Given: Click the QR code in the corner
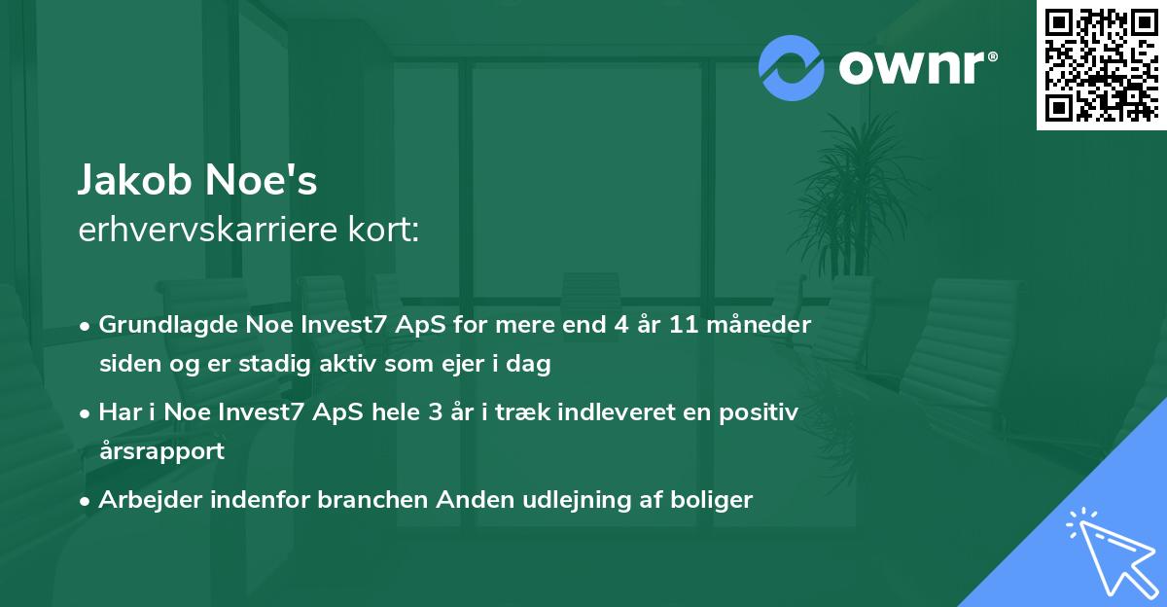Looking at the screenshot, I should click(1102, 64).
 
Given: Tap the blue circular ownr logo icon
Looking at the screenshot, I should click(792, 68).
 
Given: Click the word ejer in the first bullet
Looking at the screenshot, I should click(452, 365).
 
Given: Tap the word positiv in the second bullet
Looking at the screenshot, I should click(763, 412).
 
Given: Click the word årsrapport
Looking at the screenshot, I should click(161, 451).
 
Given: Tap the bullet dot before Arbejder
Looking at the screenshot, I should click(86, 501).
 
